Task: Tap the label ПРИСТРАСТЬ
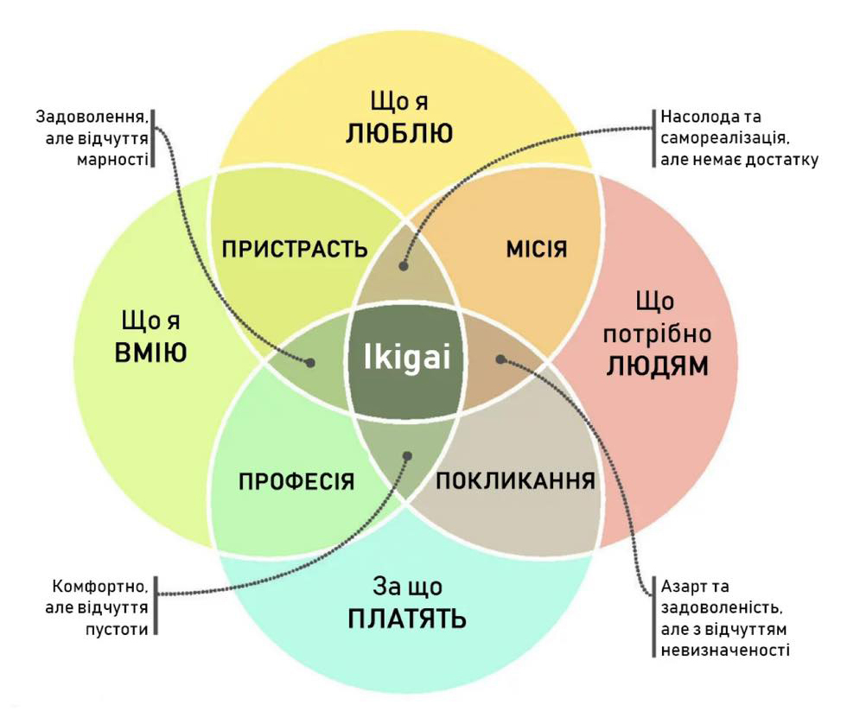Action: tap(295, 250)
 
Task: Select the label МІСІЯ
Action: tap(536, 250)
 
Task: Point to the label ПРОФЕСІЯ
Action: tap(296, 481)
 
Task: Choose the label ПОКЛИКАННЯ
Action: tap(516, 481)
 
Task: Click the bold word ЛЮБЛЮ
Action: tap(399, 134)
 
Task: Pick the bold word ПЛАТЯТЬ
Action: tap(407, 619)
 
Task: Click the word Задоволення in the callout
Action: tap(92, 116)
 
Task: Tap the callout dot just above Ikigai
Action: tap(404, 266)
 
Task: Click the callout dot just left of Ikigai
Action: tap(309, 364)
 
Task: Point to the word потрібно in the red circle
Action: tap(657, 333)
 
